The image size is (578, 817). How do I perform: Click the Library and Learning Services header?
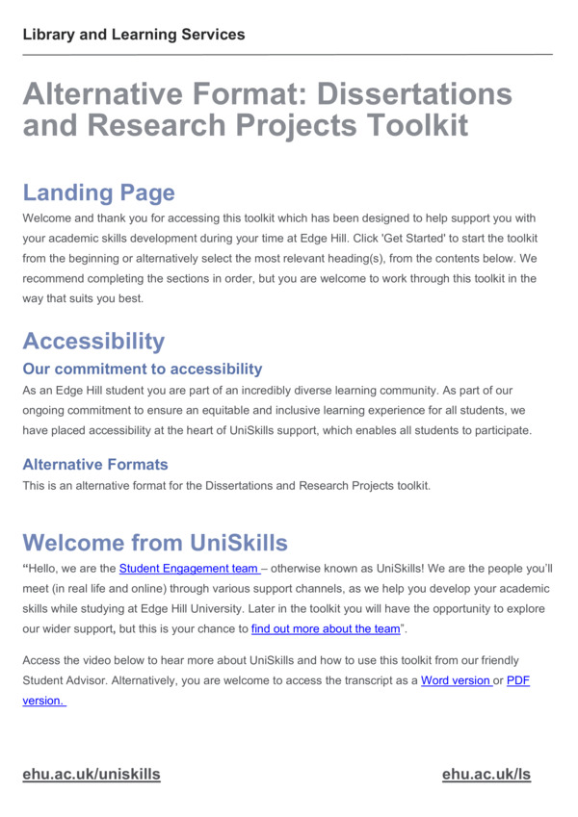[x=134, y=35]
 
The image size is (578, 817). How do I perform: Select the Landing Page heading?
[x=98, y=192]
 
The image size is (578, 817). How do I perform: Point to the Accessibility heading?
[x=93, y=341]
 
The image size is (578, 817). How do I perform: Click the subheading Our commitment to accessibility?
[x=142, y=369]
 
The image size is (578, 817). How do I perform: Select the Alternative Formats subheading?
[x=95, y=464]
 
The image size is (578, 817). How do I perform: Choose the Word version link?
[x=455, y=680]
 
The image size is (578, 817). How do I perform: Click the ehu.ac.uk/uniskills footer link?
[x=92, y=774]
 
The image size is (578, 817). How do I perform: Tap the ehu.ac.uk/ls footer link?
[x=486, y=774]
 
